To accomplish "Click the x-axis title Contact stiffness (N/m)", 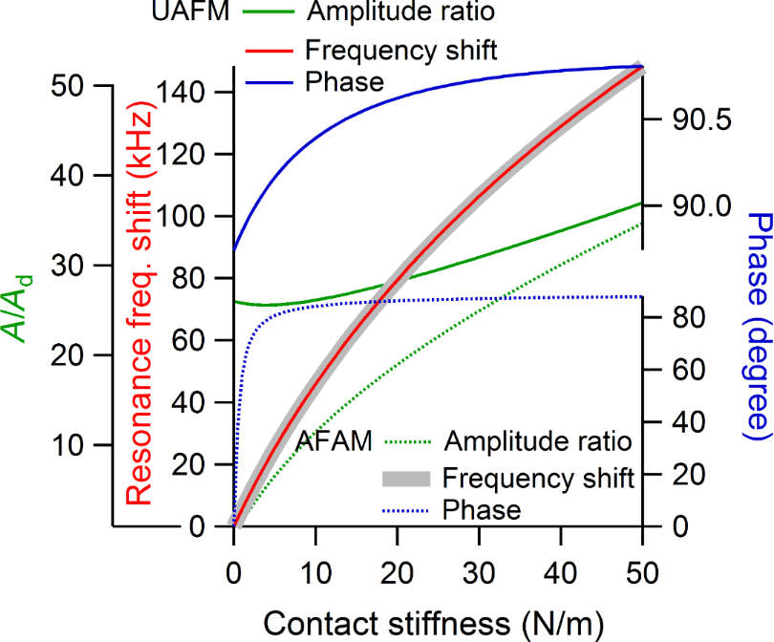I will (x=432, y=623).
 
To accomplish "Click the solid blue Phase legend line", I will (x=270, y=80).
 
